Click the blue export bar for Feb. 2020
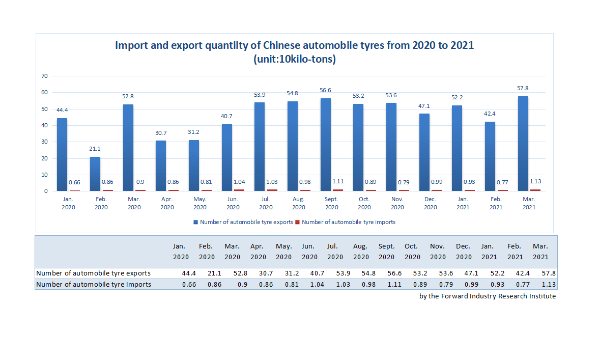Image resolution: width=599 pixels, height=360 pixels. tap(95, 174)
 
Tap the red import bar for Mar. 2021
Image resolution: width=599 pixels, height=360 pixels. tap(535, 190)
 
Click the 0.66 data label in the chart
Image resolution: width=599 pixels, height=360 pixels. tap(75, 183)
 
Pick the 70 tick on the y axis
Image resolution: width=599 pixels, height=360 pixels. tap(44, 76)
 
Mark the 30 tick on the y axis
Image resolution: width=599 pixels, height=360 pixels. tap(44, 142)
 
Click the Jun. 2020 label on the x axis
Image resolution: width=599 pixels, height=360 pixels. tap(233, 203)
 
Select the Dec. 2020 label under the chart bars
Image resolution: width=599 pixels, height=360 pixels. tap(430, 203)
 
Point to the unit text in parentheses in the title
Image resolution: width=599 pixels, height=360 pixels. tap(295, 59)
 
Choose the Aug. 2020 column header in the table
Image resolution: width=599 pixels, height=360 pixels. tap(361, 252)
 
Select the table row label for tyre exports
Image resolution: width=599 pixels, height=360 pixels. tap(93, 273)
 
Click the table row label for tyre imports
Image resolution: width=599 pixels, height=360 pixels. tap(94, 284)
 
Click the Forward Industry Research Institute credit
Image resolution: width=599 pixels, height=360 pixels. tap(488, 296)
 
